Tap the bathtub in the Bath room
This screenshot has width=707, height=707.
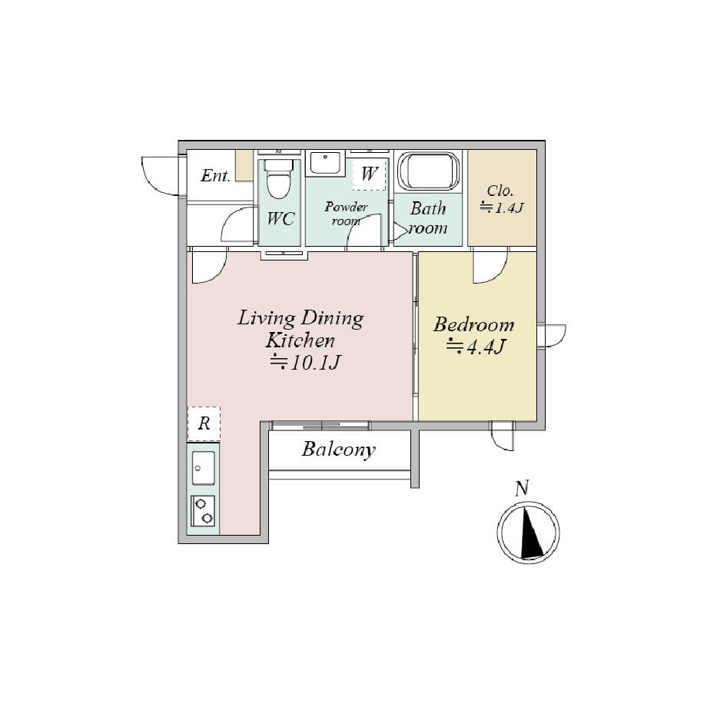tap(428, 171)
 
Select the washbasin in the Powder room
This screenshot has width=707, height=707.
tap(325, 163)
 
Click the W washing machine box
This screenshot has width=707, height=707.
tap(370, 174)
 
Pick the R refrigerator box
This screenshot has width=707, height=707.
tap(204, 423)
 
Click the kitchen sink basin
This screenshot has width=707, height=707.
tap(204, 468)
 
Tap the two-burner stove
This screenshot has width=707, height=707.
tap(203, 511)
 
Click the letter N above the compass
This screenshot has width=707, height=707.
tap(522, 488)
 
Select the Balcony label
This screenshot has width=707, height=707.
tap(339, 450)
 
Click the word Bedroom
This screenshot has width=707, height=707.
tap(474, 324)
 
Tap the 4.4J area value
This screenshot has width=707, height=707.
tap(477, 347)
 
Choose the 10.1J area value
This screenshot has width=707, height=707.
tap(306, 362)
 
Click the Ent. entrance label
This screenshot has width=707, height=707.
tap(216, 175)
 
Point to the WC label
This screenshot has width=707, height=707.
tap(280, 219)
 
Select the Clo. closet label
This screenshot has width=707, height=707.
tap(500, 191)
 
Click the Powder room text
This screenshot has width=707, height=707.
tap(346, 214)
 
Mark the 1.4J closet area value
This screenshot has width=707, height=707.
tap(502, 207)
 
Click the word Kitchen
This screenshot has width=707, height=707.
tap(300, 340)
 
